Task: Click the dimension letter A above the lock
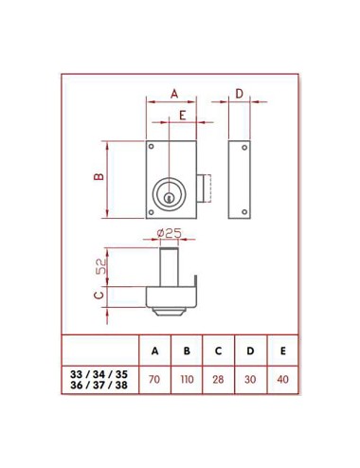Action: tap(173, 93)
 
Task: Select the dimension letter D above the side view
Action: tap(239, 93)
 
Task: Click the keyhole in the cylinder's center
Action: tap(169, 196)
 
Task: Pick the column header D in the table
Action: tap(251, 351)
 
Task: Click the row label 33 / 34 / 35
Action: tap(99, 374)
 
